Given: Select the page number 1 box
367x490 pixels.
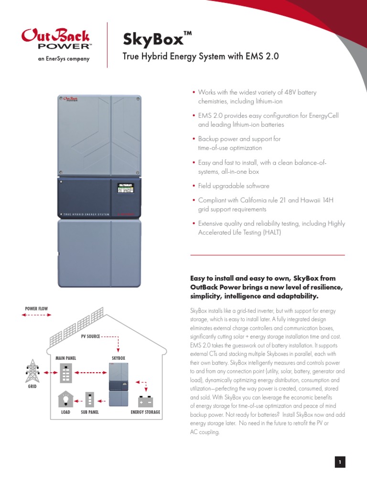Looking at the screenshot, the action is pyautogui.click(x=340, y=462).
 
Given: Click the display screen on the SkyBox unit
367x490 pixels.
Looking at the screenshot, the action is pyautogui.click(x=125, y=188).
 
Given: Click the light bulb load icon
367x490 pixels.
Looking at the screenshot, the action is pyautogui.click(x=64, y=399).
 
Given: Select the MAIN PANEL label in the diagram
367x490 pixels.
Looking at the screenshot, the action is pyautogui.click(x=65, y=358).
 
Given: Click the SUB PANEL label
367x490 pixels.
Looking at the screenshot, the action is pyautogui.click(x=90, y=412).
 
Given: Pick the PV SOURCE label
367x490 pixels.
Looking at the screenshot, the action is pyautogui.click(x=90, y=336).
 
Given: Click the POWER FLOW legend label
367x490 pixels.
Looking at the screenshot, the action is pyautogui.click(x=36, y=309).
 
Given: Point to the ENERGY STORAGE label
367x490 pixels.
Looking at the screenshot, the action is pyautogui.click(x=145, y=412).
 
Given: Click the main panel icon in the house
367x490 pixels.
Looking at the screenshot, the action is pyautogui.click(x=65, y=372).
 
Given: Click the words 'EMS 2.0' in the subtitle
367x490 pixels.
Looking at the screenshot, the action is pyautogui.click(x=266, y=57).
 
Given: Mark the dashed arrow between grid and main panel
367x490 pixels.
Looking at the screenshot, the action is pyautogui.click(x=47, y=372).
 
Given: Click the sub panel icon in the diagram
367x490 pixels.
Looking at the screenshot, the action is pyautogui.click(x=90, y=400).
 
